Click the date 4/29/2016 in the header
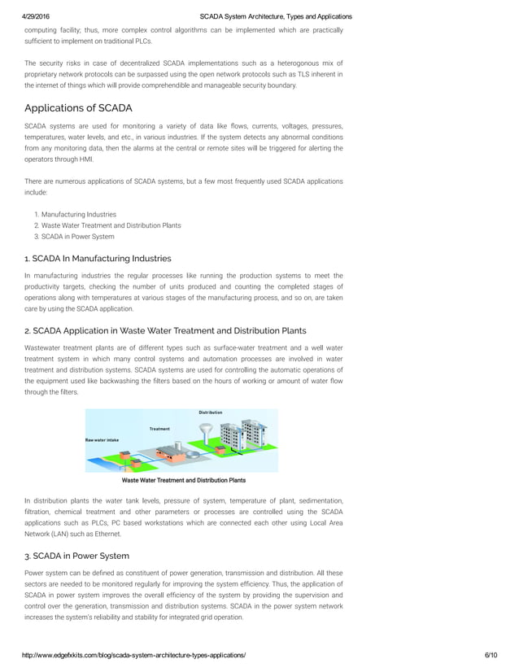point(37,16)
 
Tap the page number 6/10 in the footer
point(489,655)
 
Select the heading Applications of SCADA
point(78,108)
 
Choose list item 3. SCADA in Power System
point(74,237)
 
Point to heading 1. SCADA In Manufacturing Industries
point(98,259)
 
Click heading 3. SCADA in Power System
point(76,556)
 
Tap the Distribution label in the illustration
point(211,412)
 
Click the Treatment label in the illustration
point(159,428)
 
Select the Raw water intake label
point(102,439)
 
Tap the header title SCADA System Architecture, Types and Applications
point(276,16)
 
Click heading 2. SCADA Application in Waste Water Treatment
point(165,330)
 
